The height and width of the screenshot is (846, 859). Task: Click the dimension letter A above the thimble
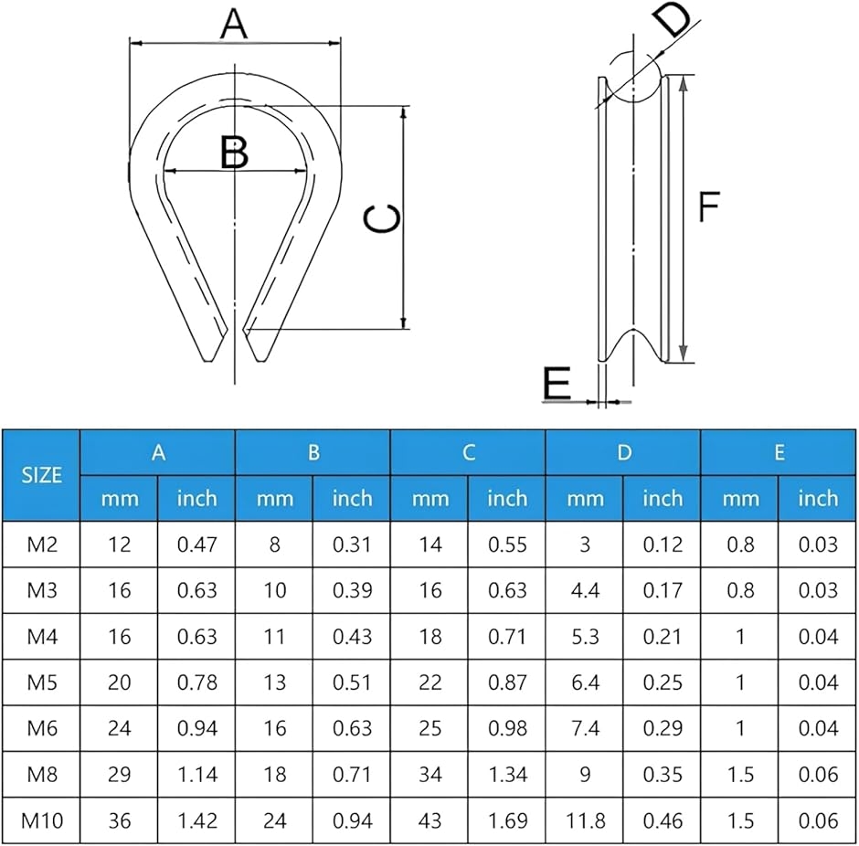(234, 25)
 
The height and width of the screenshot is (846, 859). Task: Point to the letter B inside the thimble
(234, 153)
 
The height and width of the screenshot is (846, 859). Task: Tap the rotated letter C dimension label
(382, 218)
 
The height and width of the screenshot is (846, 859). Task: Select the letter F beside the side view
(709, 206)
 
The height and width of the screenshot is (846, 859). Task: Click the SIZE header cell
(42, 475)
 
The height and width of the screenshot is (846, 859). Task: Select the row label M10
(42, 820)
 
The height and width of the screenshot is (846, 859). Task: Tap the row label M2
(42, 545)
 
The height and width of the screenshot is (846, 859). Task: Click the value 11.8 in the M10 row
(585, 820)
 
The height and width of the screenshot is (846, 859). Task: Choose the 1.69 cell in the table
(507, 820)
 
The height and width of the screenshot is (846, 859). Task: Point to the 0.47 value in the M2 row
(196, 545)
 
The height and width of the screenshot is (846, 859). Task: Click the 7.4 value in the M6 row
(585, 728)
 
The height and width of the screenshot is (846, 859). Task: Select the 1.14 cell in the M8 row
(196, 774)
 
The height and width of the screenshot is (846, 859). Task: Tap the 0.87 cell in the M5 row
(507, 682)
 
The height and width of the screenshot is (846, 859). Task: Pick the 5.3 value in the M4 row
(585, 636)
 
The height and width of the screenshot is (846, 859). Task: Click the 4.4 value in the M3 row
(585, 590)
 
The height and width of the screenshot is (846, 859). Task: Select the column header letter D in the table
(624, 452)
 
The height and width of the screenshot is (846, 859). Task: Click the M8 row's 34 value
(430, 774)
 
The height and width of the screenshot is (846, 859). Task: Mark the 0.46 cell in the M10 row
(663, 820)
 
